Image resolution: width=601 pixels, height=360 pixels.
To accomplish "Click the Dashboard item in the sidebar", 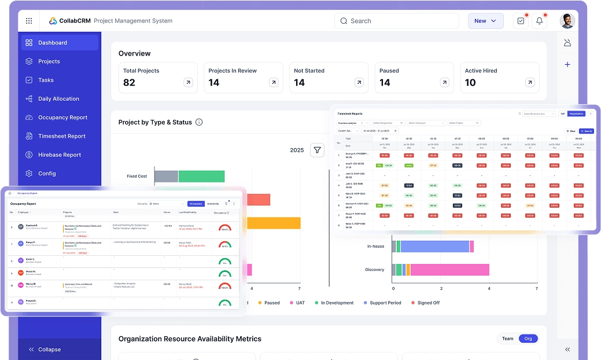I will click(53, 43).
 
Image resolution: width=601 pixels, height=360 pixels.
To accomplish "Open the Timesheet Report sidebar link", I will click(61, 136).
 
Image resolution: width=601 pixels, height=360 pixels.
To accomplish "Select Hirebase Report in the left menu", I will click(59, 155).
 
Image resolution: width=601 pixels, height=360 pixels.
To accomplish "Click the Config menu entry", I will click(47, 174).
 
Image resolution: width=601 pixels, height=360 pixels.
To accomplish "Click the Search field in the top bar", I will click(396, 21).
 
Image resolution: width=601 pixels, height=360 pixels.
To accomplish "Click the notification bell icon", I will click(540, 21).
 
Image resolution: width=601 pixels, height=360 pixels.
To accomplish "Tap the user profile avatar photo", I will click(567, 21).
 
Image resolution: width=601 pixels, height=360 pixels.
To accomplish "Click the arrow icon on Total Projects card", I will click(188, 83).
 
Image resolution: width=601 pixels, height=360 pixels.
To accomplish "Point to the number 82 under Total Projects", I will click(129, 83).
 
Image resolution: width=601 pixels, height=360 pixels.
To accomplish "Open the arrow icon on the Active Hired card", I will click(530, 83).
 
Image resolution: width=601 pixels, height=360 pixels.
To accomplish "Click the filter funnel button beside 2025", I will click(317, 150).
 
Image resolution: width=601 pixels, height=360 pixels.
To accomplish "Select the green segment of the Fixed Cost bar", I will click(201, 177).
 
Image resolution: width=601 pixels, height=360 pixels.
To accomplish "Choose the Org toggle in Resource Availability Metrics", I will click(528, 339).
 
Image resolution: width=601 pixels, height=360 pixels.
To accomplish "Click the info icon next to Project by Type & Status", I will click(199, 122).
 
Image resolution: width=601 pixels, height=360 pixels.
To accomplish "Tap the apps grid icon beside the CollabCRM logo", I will click(29, 21).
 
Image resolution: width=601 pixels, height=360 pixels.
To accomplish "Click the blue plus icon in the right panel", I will click(567, 65).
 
